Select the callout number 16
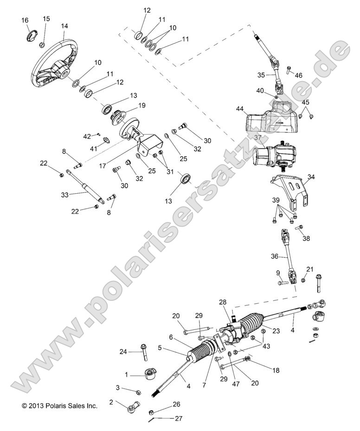coord(25,20)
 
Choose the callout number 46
coord(299,75)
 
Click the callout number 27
coord(179,418)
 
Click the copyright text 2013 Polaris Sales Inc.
coord(59,406)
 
